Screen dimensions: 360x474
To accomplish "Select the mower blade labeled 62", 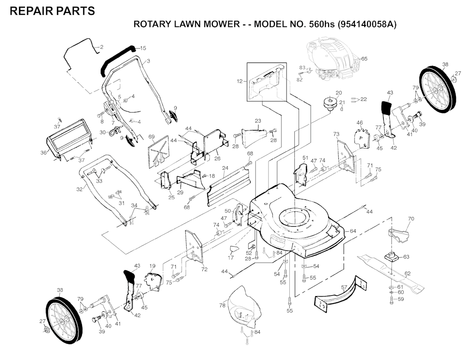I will click(392, 273).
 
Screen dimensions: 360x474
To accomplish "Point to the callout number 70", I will click(411, 219).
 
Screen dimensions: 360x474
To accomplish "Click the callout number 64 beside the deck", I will click(353, 231).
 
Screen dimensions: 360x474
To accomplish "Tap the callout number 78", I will click(223, 306).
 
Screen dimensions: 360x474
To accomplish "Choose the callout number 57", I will click(344, 288).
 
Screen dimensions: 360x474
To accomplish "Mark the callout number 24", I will click(225, 168).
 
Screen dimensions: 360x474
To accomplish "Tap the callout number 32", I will click(79, 189).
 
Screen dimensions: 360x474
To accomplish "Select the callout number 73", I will click(337, 134).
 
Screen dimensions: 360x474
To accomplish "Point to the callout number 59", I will click(401, 299).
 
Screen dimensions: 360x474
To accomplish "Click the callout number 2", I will click(101, 47).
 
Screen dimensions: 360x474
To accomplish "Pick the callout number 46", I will click(359, 123).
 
